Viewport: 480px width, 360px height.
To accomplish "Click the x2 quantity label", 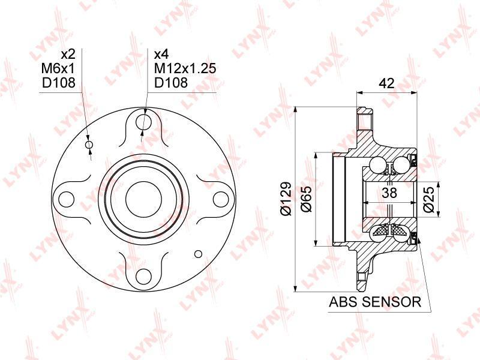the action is (x=68, y=55).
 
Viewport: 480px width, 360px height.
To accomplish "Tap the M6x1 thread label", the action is (x=58, y=68).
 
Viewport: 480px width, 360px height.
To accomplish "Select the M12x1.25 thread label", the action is (x=185, y=68).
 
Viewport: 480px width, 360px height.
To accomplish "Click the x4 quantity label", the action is (x=161, y=55).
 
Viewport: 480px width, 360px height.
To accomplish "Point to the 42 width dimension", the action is (x=386, y=83).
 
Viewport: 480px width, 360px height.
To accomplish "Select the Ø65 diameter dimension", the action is (x=306, y=199).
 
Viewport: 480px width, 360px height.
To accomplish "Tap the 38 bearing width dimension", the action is (x=389, y=193).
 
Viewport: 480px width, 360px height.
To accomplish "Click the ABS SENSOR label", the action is (x=375, y=302).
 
